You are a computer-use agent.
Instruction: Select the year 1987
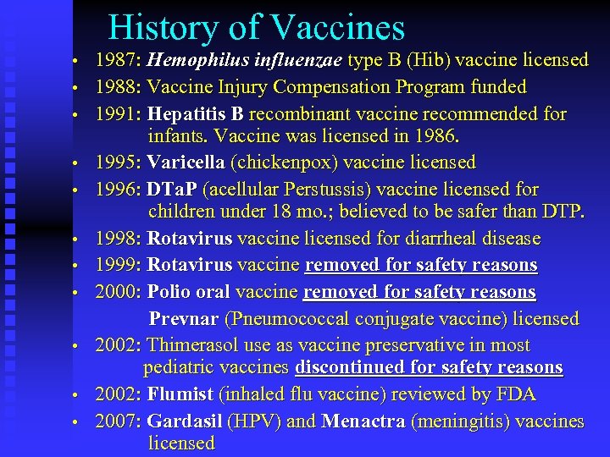tap(117, 60)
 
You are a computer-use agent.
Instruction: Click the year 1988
tap(117, 87)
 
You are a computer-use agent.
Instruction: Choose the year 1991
tap(117, 114)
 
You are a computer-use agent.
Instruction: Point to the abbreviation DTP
tap(560, 211)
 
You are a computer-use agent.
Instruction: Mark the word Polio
tap(170, 293)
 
